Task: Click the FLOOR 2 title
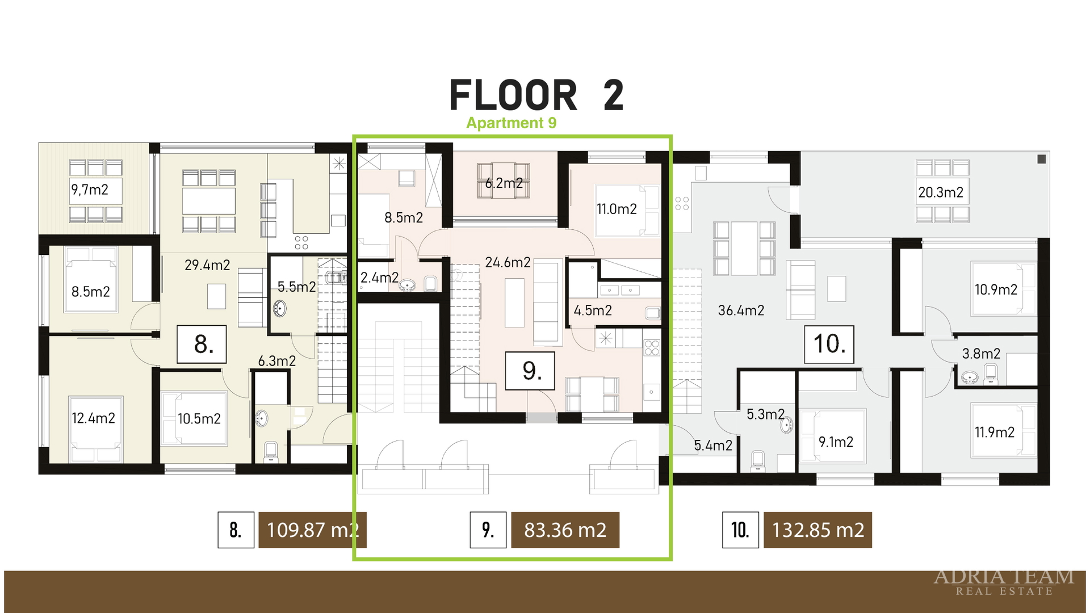click(x=536, y=95)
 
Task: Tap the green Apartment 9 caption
click(x=512, y=123)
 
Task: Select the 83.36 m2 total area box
click(x=565, y=530)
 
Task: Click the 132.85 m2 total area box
click(x=817, y=530)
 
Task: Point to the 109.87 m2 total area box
click(x=312, y=530)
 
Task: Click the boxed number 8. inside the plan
click(x=202, y=344)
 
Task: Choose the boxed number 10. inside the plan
click(x=829, y=344)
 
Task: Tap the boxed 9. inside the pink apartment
click(x=530, y=371)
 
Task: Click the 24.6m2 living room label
click(x=508, y=262)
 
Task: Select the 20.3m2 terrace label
click(x=941, y=192)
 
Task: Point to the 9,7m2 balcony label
click(x=90, y=190)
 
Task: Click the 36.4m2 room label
click(x=741, y=310)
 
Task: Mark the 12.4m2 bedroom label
click(x=93, y=418)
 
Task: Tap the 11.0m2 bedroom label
click(x=617, y=209)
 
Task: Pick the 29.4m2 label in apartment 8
click(x=207, y=265)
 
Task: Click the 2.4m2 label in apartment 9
click(x=379, y=278)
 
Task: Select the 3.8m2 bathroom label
click(x=981, y=354)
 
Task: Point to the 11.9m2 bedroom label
click(x=995, y=432)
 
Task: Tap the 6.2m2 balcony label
click(x=504, y=183)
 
